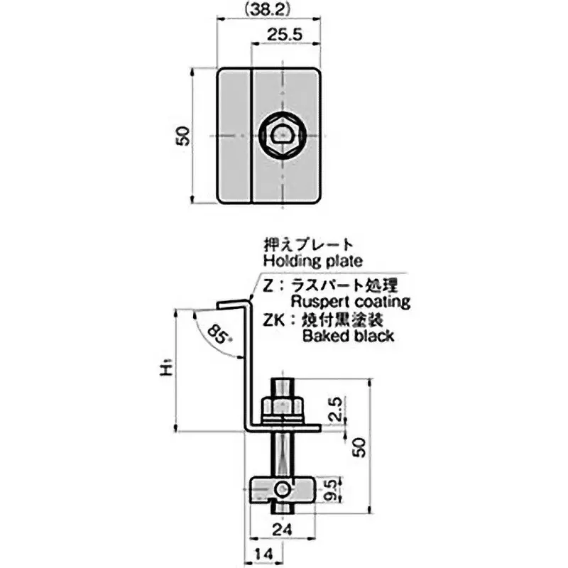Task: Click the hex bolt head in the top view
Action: [x=283, y=135]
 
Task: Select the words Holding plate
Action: [x=313, y=261]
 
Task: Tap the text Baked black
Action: [x=348, y=336]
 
